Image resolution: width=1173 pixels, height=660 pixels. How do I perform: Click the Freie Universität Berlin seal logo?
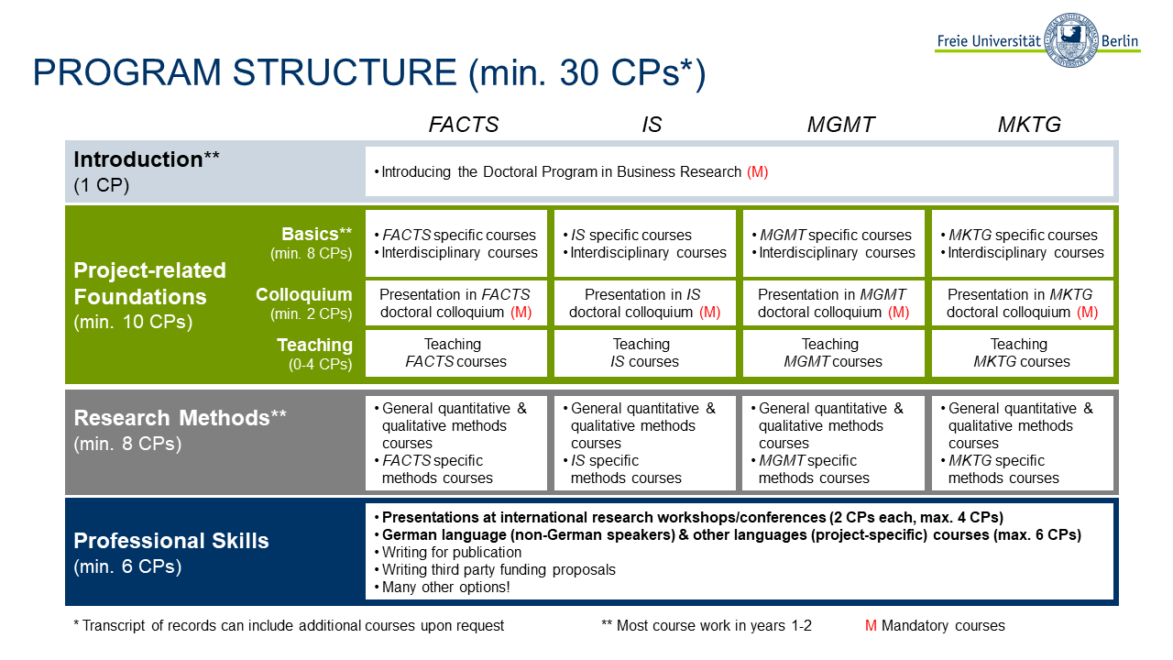click(1071, 40)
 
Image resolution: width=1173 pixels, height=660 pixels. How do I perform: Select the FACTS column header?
click(464, 125)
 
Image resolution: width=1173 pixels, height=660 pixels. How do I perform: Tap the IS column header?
click(652, 125)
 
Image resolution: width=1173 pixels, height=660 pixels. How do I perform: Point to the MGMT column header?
click(840, 125)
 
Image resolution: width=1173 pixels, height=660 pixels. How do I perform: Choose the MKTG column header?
click(1029, 125)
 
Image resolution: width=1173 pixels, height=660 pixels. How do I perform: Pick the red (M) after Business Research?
click(757, 171)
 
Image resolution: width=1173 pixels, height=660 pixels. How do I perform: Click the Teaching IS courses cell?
click(644, 353)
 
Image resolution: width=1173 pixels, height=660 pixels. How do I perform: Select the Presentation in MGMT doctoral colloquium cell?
click(834, 303)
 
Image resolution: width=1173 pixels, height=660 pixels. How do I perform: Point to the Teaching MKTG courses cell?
click(1022, 353)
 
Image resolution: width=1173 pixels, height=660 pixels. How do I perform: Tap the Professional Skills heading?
click(171, 541)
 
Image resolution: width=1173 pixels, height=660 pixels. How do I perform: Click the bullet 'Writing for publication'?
click(448, 552)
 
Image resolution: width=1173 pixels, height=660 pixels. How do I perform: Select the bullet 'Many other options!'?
click(443, 588)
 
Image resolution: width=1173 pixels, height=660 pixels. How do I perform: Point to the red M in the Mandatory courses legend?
click(871, 625)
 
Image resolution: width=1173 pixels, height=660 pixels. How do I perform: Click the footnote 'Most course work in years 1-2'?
click(707, 625)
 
